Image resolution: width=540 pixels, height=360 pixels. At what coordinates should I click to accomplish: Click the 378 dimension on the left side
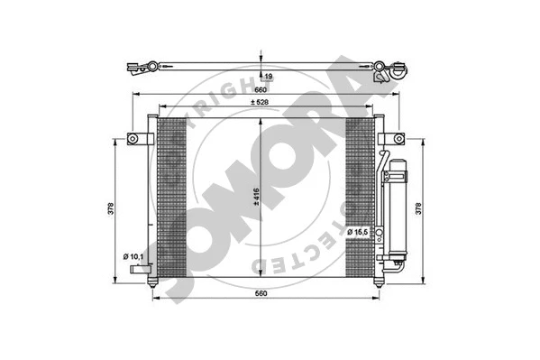tap(108, 208)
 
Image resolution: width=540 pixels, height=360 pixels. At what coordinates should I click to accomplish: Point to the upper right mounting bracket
tap(392, 139)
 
